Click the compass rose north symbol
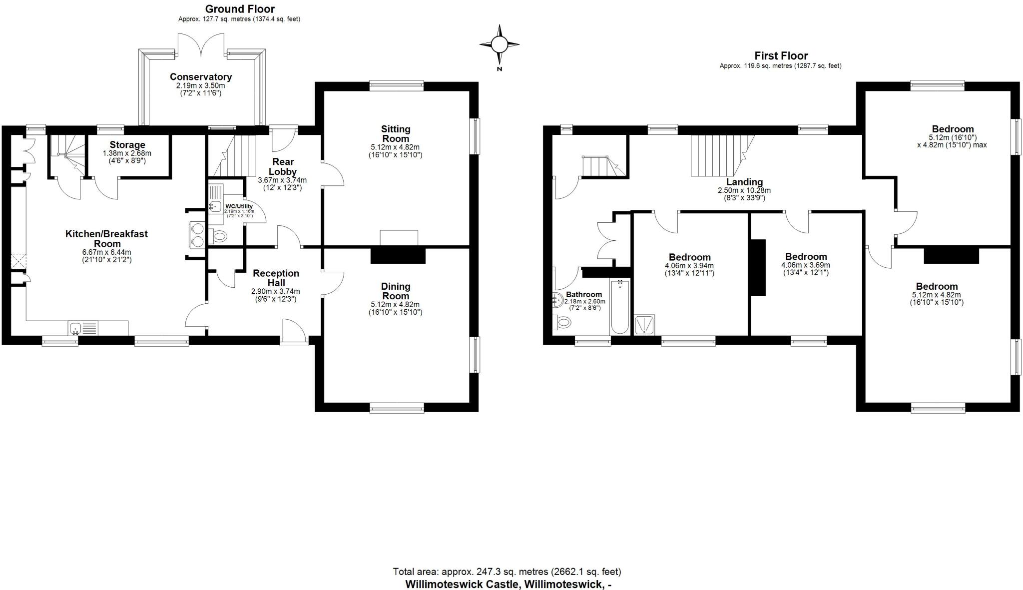point(499,45)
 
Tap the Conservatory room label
point(200,77)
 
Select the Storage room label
point(127,145)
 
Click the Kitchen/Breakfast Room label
point(106,238)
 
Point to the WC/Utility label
point(239,206)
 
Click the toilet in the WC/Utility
point(218,236)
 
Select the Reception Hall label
point(276,278)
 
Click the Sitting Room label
point(396,134)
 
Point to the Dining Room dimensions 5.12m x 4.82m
point(395,304)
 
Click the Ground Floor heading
point(239,9)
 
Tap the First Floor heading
point(781,56)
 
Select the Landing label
point(744,182)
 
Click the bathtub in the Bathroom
point(620,307)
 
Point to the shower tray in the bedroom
point(644,325)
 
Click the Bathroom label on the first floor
point(583,295)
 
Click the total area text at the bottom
point(507,572)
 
